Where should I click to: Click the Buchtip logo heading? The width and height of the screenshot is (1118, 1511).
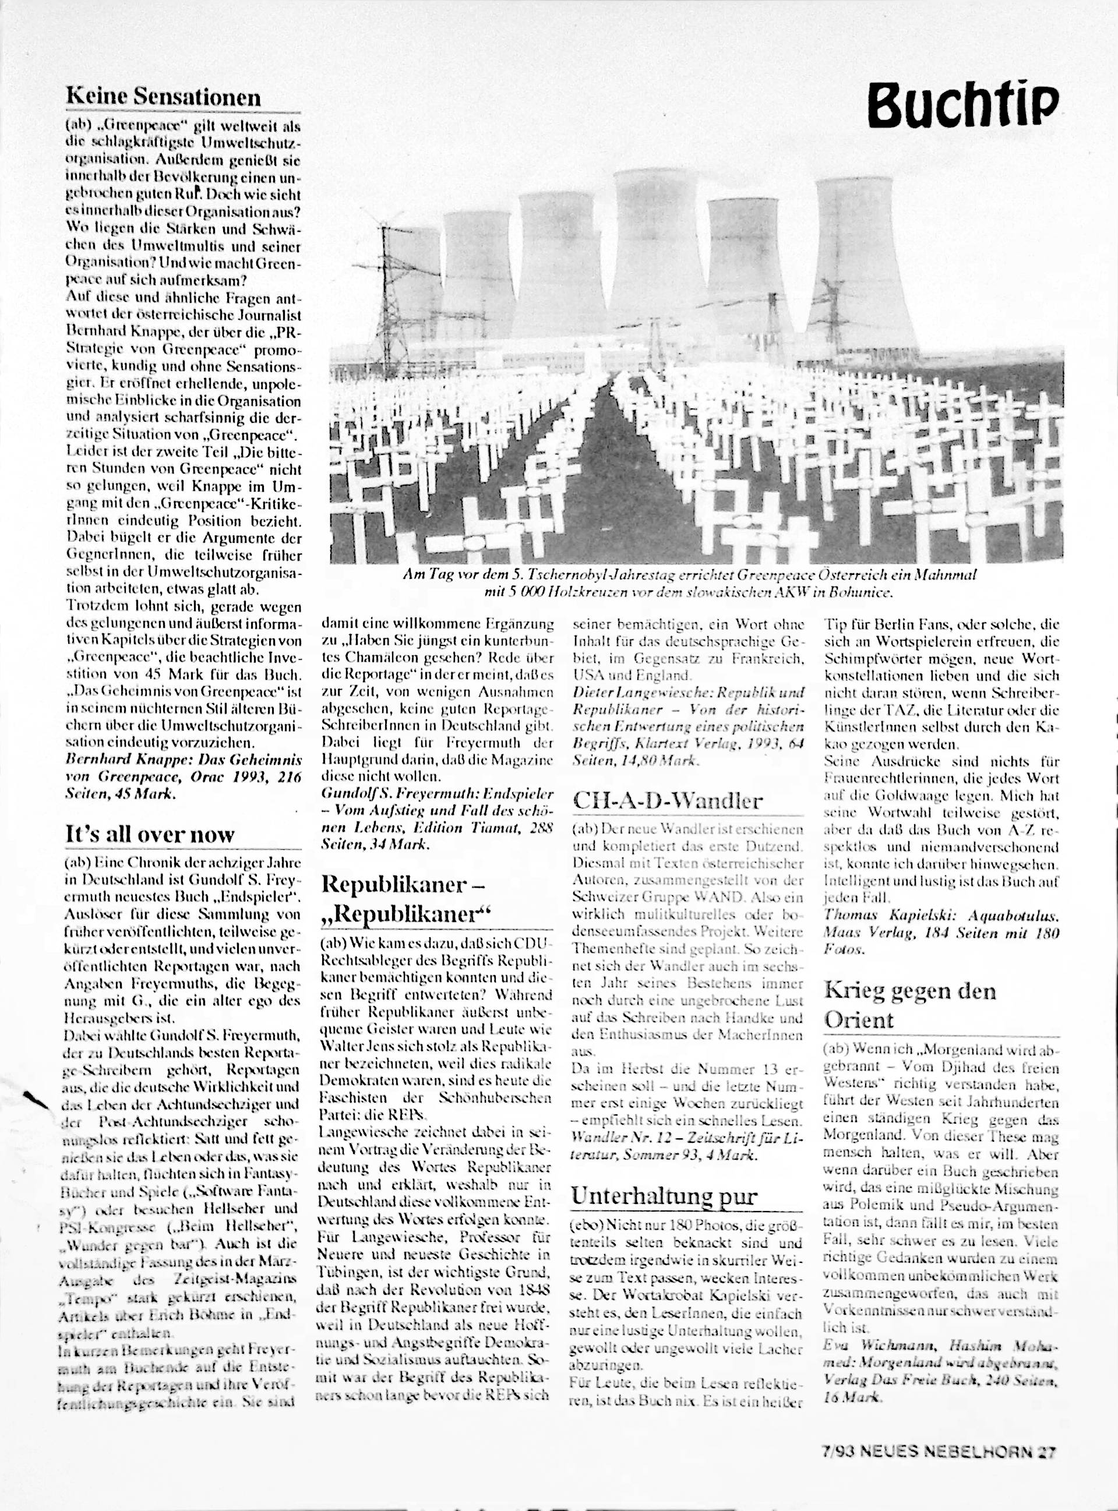[x=964, y=105]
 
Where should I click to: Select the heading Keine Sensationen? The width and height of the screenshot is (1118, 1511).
[x=163, y=97]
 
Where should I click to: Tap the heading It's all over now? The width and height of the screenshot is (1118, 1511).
[x=150, y=834]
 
